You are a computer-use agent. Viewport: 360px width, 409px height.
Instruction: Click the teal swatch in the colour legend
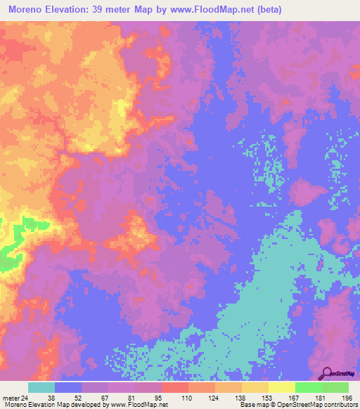[41, 387]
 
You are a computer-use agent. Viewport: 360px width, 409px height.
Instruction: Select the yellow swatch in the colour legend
[282, 387]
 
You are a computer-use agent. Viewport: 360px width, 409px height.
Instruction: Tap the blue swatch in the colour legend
[68, 387]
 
